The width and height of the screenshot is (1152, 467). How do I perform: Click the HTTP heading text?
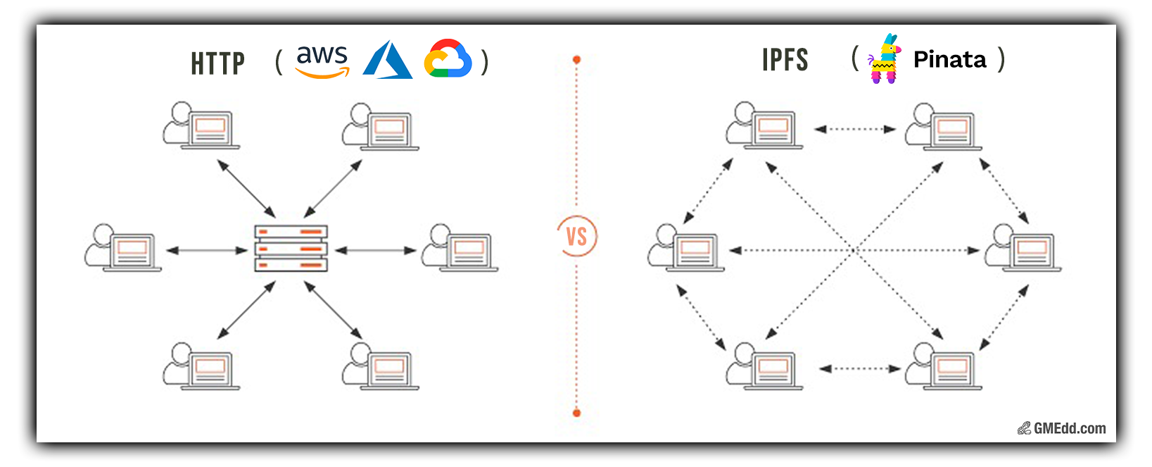tap(217, 63)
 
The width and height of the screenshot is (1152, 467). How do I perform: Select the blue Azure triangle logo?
tap(387, 60)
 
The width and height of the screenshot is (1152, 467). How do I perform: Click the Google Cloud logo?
tap(448, 58)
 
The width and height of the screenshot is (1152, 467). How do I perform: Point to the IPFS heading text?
tap(785, 60)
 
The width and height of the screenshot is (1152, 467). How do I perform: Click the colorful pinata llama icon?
tap(884, 58)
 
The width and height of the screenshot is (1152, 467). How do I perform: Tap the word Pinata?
tap(950, 60)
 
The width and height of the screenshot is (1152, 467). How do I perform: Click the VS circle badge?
tap(576, 237)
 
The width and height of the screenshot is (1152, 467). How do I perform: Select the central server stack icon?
tap(291, 248)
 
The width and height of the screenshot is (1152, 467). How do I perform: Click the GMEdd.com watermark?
tap(1061, 428)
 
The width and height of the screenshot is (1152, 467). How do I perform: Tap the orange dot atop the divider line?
tap(576, 60)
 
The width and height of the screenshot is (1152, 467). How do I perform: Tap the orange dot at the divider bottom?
tap(576, 413)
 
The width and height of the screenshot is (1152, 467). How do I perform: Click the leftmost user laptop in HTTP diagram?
tap(123, 248)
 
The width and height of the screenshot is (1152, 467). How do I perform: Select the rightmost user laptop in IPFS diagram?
tap(1023, 248)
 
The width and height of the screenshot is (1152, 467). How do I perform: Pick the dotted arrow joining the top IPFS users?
tap(855, 129)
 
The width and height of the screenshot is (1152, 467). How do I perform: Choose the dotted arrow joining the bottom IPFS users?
tap(859, 368)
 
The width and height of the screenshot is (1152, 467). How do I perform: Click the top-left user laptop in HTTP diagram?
tap(201, 126)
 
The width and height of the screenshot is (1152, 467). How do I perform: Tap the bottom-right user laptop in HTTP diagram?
tap(381, 366)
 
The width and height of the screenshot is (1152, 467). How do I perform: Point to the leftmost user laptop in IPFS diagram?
tap(686, 248)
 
